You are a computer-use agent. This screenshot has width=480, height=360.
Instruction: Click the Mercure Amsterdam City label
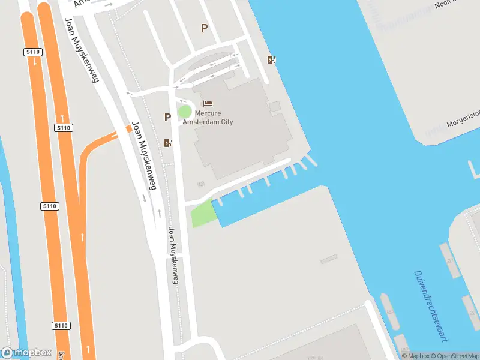coord(214,118)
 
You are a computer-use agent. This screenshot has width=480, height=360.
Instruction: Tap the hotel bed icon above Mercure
coord(208,104)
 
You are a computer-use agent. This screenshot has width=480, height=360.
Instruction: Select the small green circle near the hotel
coord(185,112)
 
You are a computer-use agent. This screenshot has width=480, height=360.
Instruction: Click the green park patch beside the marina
coord(203,214)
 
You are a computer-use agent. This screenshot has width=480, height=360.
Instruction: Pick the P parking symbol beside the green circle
coord(167,118)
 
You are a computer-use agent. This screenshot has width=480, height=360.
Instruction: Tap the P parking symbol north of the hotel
coord(204,28)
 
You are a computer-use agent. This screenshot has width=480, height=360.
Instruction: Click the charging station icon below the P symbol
coord(167,143)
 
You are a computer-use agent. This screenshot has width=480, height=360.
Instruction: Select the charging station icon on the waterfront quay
coord(271,59)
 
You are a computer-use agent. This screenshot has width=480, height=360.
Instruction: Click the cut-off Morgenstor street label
coord(464,118)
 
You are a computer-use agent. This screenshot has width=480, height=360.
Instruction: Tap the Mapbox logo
coord(26,353)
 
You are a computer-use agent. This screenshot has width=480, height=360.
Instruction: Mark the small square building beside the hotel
coord(274,107)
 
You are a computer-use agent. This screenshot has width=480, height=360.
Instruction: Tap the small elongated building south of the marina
coord(329,260)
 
